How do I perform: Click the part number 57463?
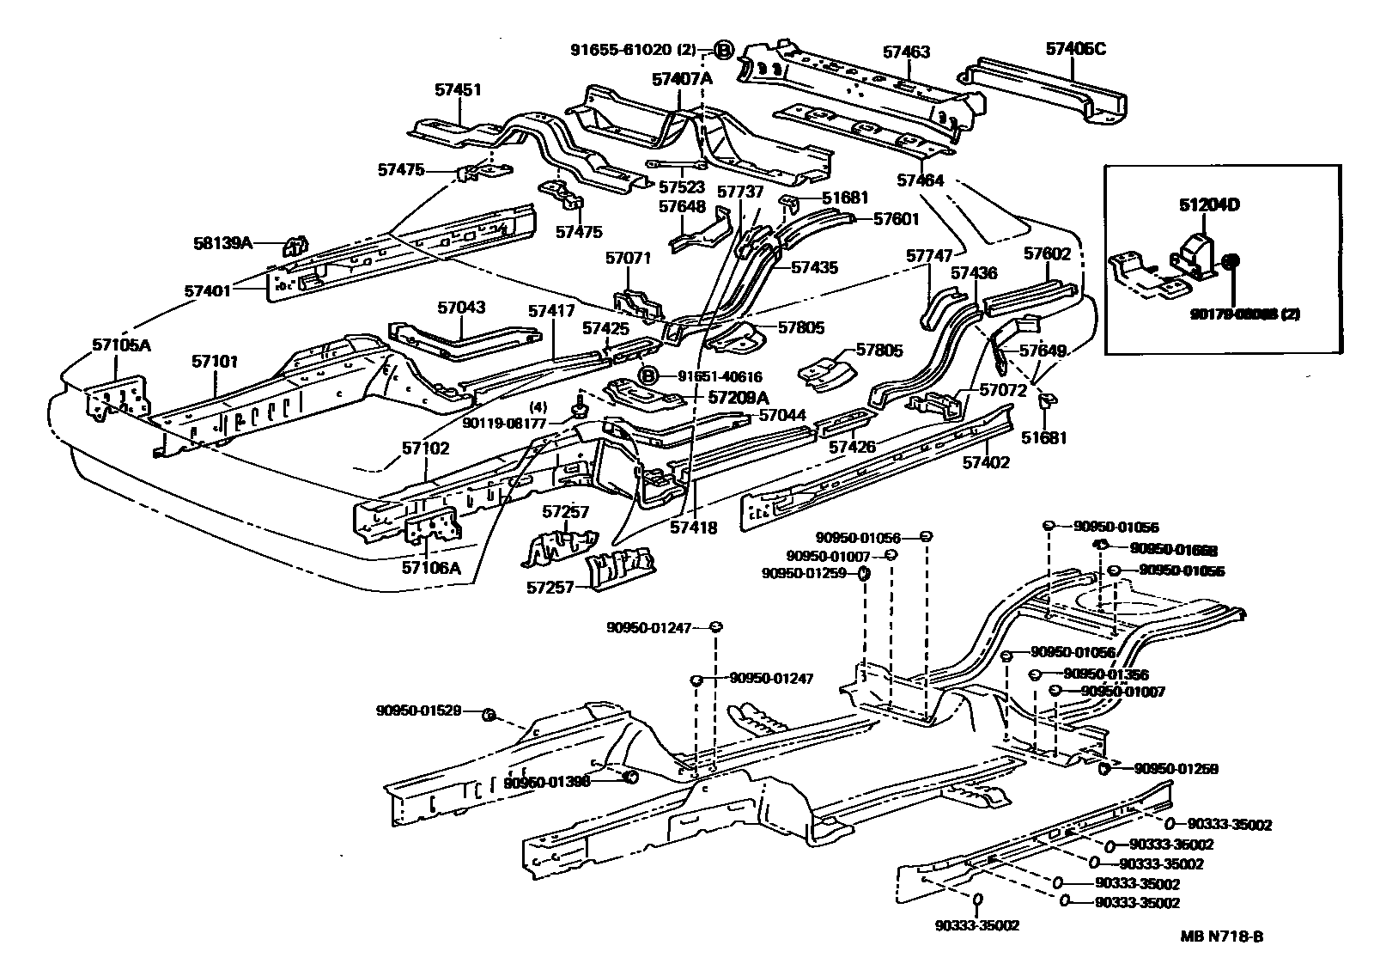(907, 52)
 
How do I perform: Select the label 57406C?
(1075, 49)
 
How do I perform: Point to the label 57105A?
(121, 345)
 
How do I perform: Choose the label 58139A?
(222, 243)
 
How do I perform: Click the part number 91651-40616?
(720, 376)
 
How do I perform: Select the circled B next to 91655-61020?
(723, 51)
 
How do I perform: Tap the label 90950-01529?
(418, 711)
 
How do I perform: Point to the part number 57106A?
(432, 567)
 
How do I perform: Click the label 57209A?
(739, 397)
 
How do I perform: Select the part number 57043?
(461, 307)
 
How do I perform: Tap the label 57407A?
(682, 79)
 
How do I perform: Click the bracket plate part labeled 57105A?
(116, 400)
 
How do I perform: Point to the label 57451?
(457, 89)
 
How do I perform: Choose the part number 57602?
(1047, 253)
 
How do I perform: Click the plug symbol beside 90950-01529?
(487, 715)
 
